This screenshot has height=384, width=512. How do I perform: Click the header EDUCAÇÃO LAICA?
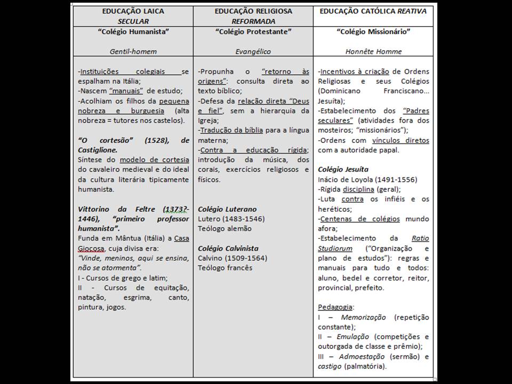tap(133, 11)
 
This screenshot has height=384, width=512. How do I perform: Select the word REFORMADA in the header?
tap(253, 21)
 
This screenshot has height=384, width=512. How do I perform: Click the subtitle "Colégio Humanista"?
tap(133, 31)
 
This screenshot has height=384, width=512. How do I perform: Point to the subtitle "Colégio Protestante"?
tap(253, 31)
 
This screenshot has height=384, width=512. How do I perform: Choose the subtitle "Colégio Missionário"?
tap(373, 31)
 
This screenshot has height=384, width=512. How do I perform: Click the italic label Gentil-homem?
tap(133, 52)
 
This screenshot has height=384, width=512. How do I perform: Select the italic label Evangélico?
tap(253, 52)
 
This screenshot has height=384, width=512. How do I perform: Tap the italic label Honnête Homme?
tap(373, 52)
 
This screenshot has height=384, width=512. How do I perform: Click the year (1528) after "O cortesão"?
tap(155, 140)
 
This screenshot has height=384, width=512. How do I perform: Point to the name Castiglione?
tap(98, 150)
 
